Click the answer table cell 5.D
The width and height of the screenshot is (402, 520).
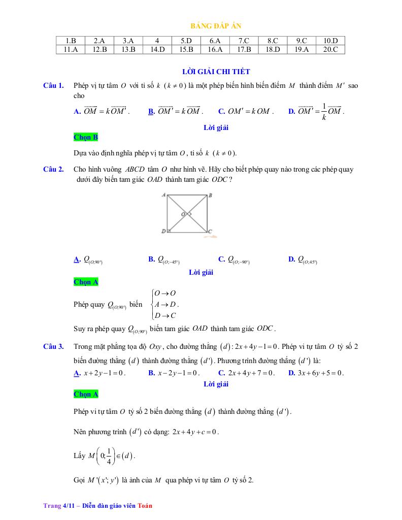[x=186, y=41]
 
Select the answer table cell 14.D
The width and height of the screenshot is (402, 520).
[x=157, y=49]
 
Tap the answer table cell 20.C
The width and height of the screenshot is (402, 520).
[x=330, y=49]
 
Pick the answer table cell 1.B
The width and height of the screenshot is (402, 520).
[x=71, y=41]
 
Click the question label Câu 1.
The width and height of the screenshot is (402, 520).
[x=53, y=85]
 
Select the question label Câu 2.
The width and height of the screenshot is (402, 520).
[x=53, y=169]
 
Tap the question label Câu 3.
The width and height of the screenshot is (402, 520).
[x=53, y=346]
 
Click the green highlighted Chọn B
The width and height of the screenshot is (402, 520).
[x=86, y=137]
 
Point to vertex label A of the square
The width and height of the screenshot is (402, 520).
[x=163, y=194]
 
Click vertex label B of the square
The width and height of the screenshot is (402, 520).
[x=210, y=195]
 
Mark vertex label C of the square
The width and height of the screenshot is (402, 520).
[x=210, y=232]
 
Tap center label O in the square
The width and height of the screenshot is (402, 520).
[x=183, y=214]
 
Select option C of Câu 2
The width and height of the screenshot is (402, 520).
[x=234, y=260]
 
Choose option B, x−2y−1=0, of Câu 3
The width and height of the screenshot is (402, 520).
[x=174, y=373]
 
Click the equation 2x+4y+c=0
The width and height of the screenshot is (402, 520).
[x=195, y=432]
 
